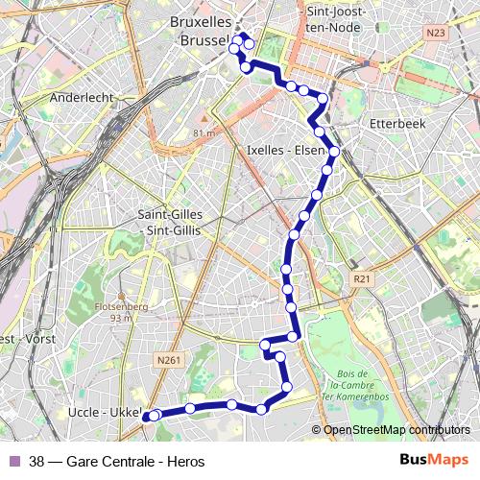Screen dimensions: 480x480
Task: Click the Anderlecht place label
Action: coord(82,97)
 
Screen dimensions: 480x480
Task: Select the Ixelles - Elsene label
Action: coord(287,150)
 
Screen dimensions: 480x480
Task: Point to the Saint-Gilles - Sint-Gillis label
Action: coord(169,222)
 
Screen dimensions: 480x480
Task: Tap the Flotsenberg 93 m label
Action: coord(121,311)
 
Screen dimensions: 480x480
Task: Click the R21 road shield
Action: coord(361,278)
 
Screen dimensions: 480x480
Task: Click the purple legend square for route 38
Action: coord(14,461)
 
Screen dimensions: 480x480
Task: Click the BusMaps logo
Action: coord(433,460)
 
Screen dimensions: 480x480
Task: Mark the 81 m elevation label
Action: coord(204,132)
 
